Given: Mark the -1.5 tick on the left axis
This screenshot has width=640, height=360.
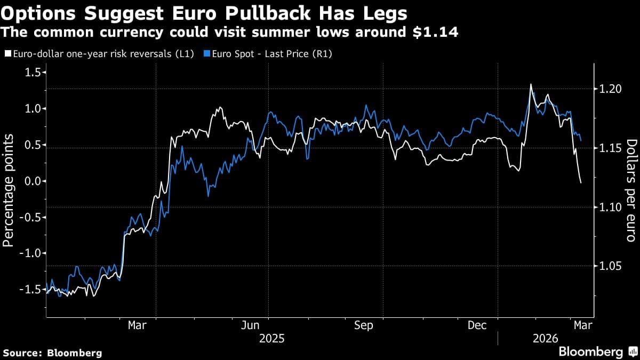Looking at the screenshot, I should point(29,290).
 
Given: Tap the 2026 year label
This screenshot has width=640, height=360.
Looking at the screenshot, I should point(545,338).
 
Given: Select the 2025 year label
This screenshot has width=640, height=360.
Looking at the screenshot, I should point(271,338).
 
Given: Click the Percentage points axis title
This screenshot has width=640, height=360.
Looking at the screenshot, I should point(9,190).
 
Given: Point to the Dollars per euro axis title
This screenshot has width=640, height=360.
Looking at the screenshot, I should point(631,190).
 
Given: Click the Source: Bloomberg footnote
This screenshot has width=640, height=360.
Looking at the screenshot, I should point(52,353).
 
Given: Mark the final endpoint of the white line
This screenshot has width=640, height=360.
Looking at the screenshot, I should point(581,183).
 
